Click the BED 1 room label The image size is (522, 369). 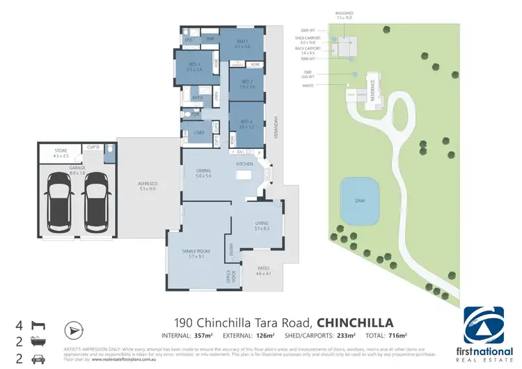(x=242, y=42)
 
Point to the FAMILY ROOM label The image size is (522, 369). (x=199, y=253)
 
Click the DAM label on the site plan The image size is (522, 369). (x=360, y=201)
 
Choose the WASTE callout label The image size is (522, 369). (x=308, y=85)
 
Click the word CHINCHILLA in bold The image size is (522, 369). (x=355, y=322)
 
